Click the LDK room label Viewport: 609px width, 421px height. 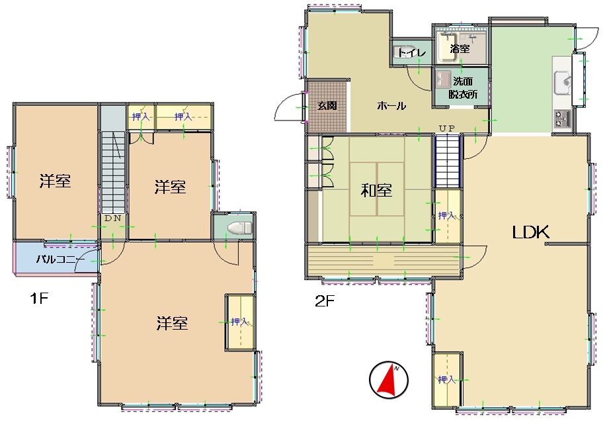tap(530, 232)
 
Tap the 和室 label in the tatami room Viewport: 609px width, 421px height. tap(376, 190)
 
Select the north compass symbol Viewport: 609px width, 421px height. tap(389, 380)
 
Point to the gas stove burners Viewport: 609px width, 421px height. tap(562, 118)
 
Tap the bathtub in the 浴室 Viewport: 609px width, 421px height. tap(448, 48)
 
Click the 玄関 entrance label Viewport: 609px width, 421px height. tap(327, 105)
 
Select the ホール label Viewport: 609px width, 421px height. tap(391, 106)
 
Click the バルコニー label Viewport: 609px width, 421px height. tap(60, 259)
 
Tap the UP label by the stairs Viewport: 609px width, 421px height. tap(446, 128)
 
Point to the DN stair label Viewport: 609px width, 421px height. tap(113, 218)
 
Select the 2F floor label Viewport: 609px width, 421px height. tap(325, 301)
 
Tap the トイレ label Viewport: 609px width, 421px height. tap(412, 52)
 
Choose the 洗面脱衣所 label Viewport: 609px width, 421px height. tap(463, 88)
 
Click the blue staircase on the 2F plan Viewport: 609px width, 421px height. tap(448, 161)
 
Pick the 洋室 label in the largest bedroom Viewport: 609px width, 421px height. tap(172, 323)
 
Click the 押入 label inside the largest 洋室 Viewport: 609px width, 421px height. tap(239, 322)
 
